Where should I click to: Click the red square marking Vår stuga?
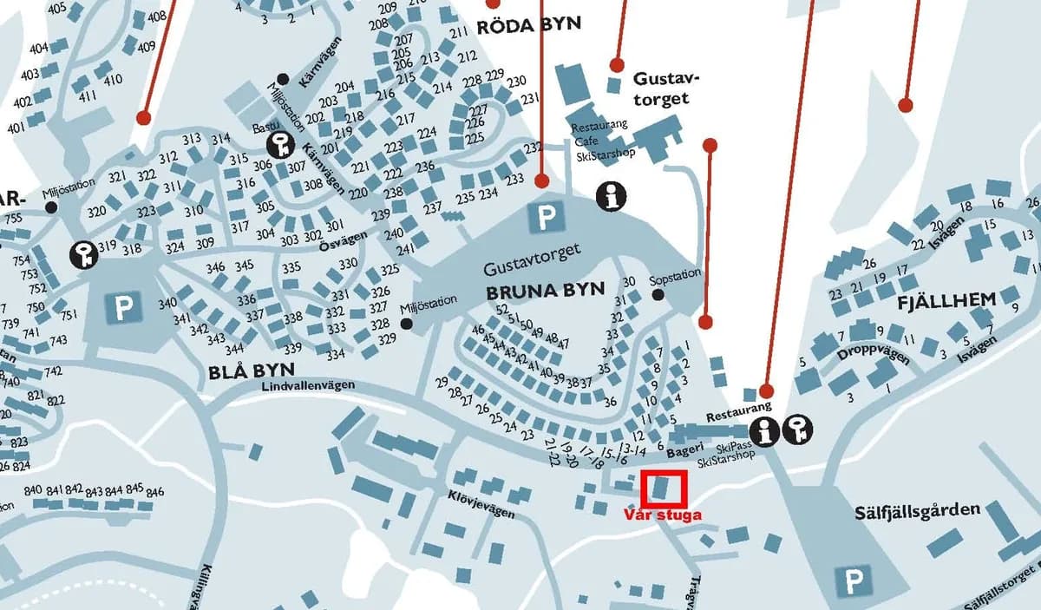click(664, 489)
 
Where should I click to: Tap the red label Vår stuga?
click(663, 514)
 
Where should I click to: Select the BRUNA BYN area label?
click(545, 291)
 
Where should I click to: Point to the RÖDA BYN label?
click(528, 25)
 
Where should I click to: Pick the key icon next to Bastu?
click(281, 143)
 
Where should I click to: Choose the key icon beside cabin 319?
click(83, 253)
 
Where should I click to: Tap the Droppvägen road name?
click(873, 356)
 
